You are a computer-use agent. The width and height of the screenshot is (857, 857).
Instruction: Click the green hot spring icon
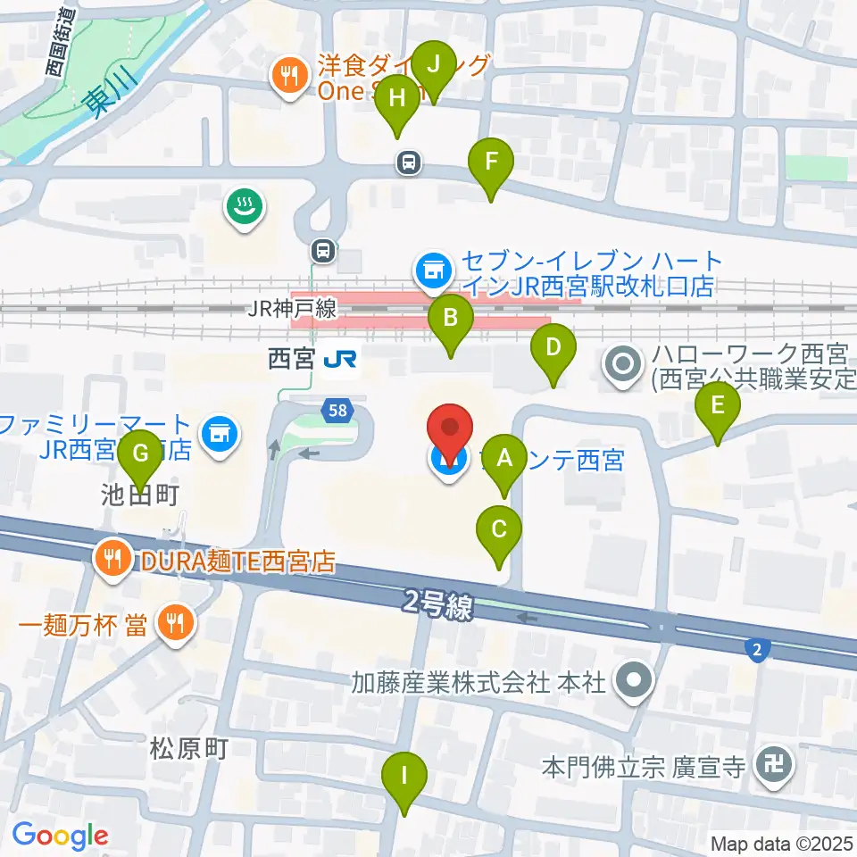[242, 206]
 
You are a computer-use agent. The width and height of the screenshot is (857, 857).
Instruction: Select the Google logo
[60, 836]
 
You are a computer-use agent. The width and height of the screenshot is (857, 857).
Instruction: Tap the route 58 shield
[337, 410]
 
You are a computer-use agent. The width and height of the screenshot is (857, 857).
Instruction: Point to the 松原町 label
[189, 748]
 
